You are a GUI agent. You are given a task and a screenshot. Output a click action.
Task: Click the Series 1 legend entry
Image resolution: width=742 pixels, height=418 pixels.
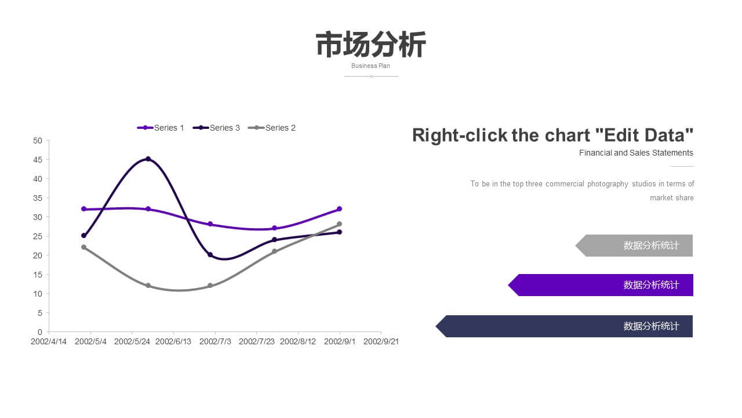click(161, 128)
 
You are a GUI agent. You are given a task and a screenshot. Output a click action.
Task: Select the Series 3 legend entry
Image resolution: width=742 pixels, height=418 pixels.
click(216, 128)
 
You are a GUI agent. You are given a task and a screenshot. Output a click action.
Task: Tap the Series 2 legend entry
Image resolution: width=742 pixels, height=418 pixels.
click(272, 128)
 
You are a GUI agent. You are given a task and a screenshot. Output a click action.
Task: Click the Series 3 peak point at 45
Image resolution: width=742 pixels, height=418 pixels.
click(148, 159)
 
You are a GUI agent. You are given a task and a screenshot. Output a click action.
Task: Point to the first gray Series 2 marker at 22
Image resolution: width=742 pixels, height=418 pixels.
click(83, 247)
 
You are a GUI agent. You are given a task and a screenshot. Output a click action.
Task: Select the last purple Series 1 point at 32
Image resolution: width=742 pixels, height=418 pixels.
click(339, 209)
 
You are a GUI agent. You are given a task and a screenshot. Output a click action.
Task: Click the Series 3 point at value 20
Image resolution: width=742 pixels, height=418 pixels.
click(210, 255)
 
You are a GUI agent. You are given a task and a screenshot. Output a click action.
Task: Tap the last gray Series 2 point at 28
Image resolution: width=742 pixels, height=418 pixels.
click(339, 224)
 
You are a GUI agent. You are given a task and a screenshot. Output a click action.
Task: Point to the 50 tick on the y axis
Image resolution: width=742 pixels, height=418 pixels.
click(38, 140)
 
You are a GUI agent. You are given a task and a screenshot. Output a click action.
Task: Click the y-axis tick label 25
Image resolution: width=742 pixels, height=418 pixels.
click(38, 236)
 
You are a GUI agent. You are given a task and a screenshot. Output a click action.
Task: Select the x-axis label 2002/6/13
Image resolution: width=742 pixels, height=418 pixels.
click(173, 341)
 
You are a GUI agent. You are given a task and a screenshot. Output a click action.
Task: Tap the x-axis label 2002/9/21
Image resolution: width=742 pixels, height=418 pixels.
click(381, 341)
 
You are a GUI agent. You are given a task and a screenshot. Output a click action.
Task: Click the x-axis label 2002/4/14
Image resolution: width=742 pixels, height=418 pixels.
click(49, 341)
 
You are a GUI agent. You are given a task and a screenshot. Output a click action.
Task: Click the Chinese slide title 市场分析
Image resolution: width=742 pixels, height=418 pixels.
click(371, 45)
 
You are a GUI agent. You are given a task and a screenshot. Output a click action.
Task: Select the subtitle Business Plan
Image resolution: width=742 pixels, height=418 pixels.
click(370, 66)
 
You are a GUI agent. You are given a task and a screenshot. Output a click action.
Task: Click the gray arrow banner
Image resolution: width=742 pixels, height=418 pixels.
click(634, 246)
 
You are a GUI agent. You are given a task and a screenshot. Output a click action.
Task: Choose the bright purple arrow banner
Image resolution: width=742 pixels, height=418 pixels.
click(601, 285)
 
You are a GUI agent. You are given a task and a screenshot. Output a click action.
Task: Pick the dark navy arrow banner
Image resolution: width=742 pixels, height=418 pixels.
click(564, 326)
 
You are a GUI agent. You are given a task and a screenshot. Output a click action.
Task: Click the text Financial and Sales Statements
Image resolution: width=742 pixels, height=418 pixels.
click(636, 153)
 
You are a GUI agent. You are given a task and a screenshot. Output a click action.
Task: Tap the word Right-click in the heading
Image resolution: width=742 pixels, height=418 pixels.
click(460, 135)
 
